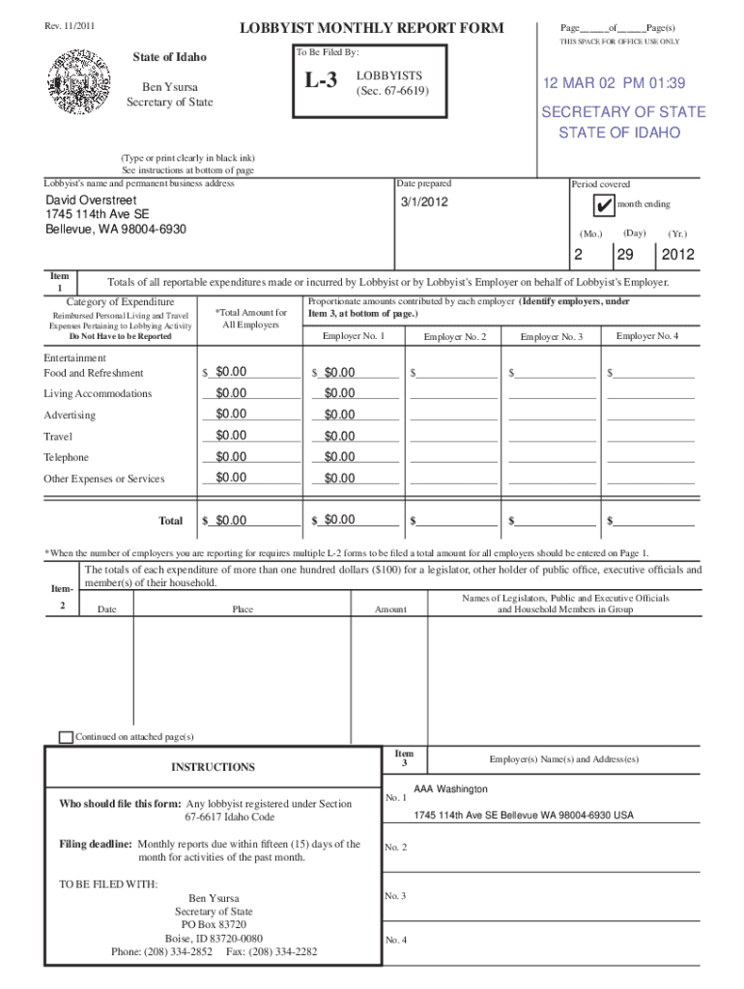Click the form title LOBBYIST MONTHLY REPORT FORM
coord(372,28)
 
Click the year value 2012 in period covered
coord(677,255)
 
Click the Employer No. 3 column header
coord(551,336)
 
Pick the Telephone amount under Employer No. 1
coord(339,457)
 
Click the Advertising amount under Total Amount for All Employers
coord(231,414)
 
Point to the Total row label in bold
coord(170,521)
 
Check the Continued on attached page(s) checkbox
coord(66,737)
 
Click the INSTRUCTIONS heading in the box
coord(213,767)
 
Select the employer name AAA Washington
coord(449,790)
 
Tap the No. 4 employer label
coord(395,940)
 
